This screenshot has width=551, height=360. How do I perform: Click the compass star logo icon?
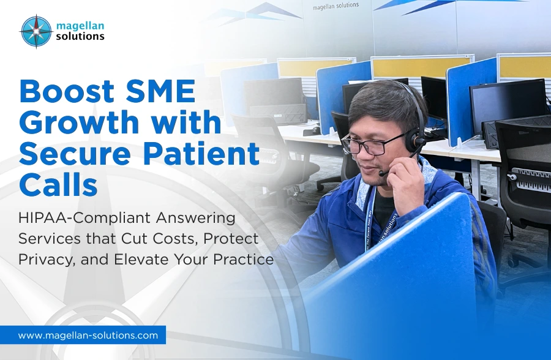coord(36,31)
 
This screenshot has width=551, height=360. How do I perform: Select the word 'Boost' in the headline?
coord(65,92)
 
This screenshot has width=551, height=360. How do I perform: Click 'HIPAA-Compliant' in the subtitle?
coord(75,217)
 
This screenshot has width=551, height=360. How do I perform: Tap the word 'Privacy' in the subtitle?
coord(47,259)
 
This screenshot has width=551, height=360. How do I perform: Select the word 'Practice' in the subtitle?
coord(242,259)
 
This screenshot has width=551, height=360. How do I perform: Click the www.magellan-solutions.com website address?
coord(88,335)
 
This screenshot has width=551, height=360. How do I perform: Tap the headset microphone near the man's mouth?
coord(384,173)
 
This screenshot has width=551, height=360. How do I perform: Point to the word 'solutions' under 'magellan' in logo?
coord(80,36)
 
